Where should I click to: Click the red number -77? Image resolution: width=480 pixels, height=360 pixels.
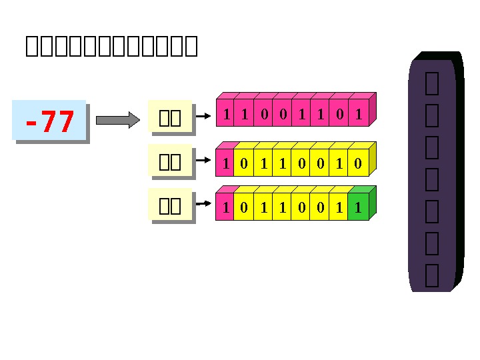(49, 121)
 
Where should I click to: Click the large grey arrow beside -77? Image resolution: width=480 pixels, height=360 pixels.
(118, 120)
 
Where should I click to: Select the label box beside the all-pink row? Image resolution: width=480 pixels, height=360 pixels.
(171, 118)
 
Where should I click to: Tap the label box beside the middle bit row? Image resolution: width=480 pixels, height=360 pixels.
(171, 162)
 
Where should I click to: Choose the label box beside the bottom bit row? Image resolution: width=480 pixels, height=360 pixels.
(171, 206)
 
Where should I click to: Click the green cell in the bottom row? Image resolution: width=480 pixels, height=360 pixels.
(359, 208)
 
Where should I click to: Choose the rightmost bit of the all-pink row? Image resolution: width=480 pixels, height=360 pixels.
(359, 115)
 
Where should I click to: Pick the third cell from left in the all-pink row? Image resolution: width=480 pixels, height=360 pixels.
(264, 115)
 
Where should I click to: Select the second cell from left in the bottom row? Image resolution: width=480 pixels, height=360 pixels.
(245, 208)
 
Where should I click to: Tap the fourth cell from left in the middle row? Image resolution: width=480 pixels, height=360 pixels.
(283, 164)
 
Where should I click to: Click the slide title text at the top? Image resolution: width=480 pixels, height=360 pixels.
(111, 46)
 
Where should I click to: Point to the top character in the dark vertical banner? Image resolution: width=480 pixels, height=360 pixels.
(431, 83)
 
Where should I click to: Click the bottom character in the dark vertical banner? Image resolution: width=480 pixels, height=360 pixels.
(431, 275)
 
